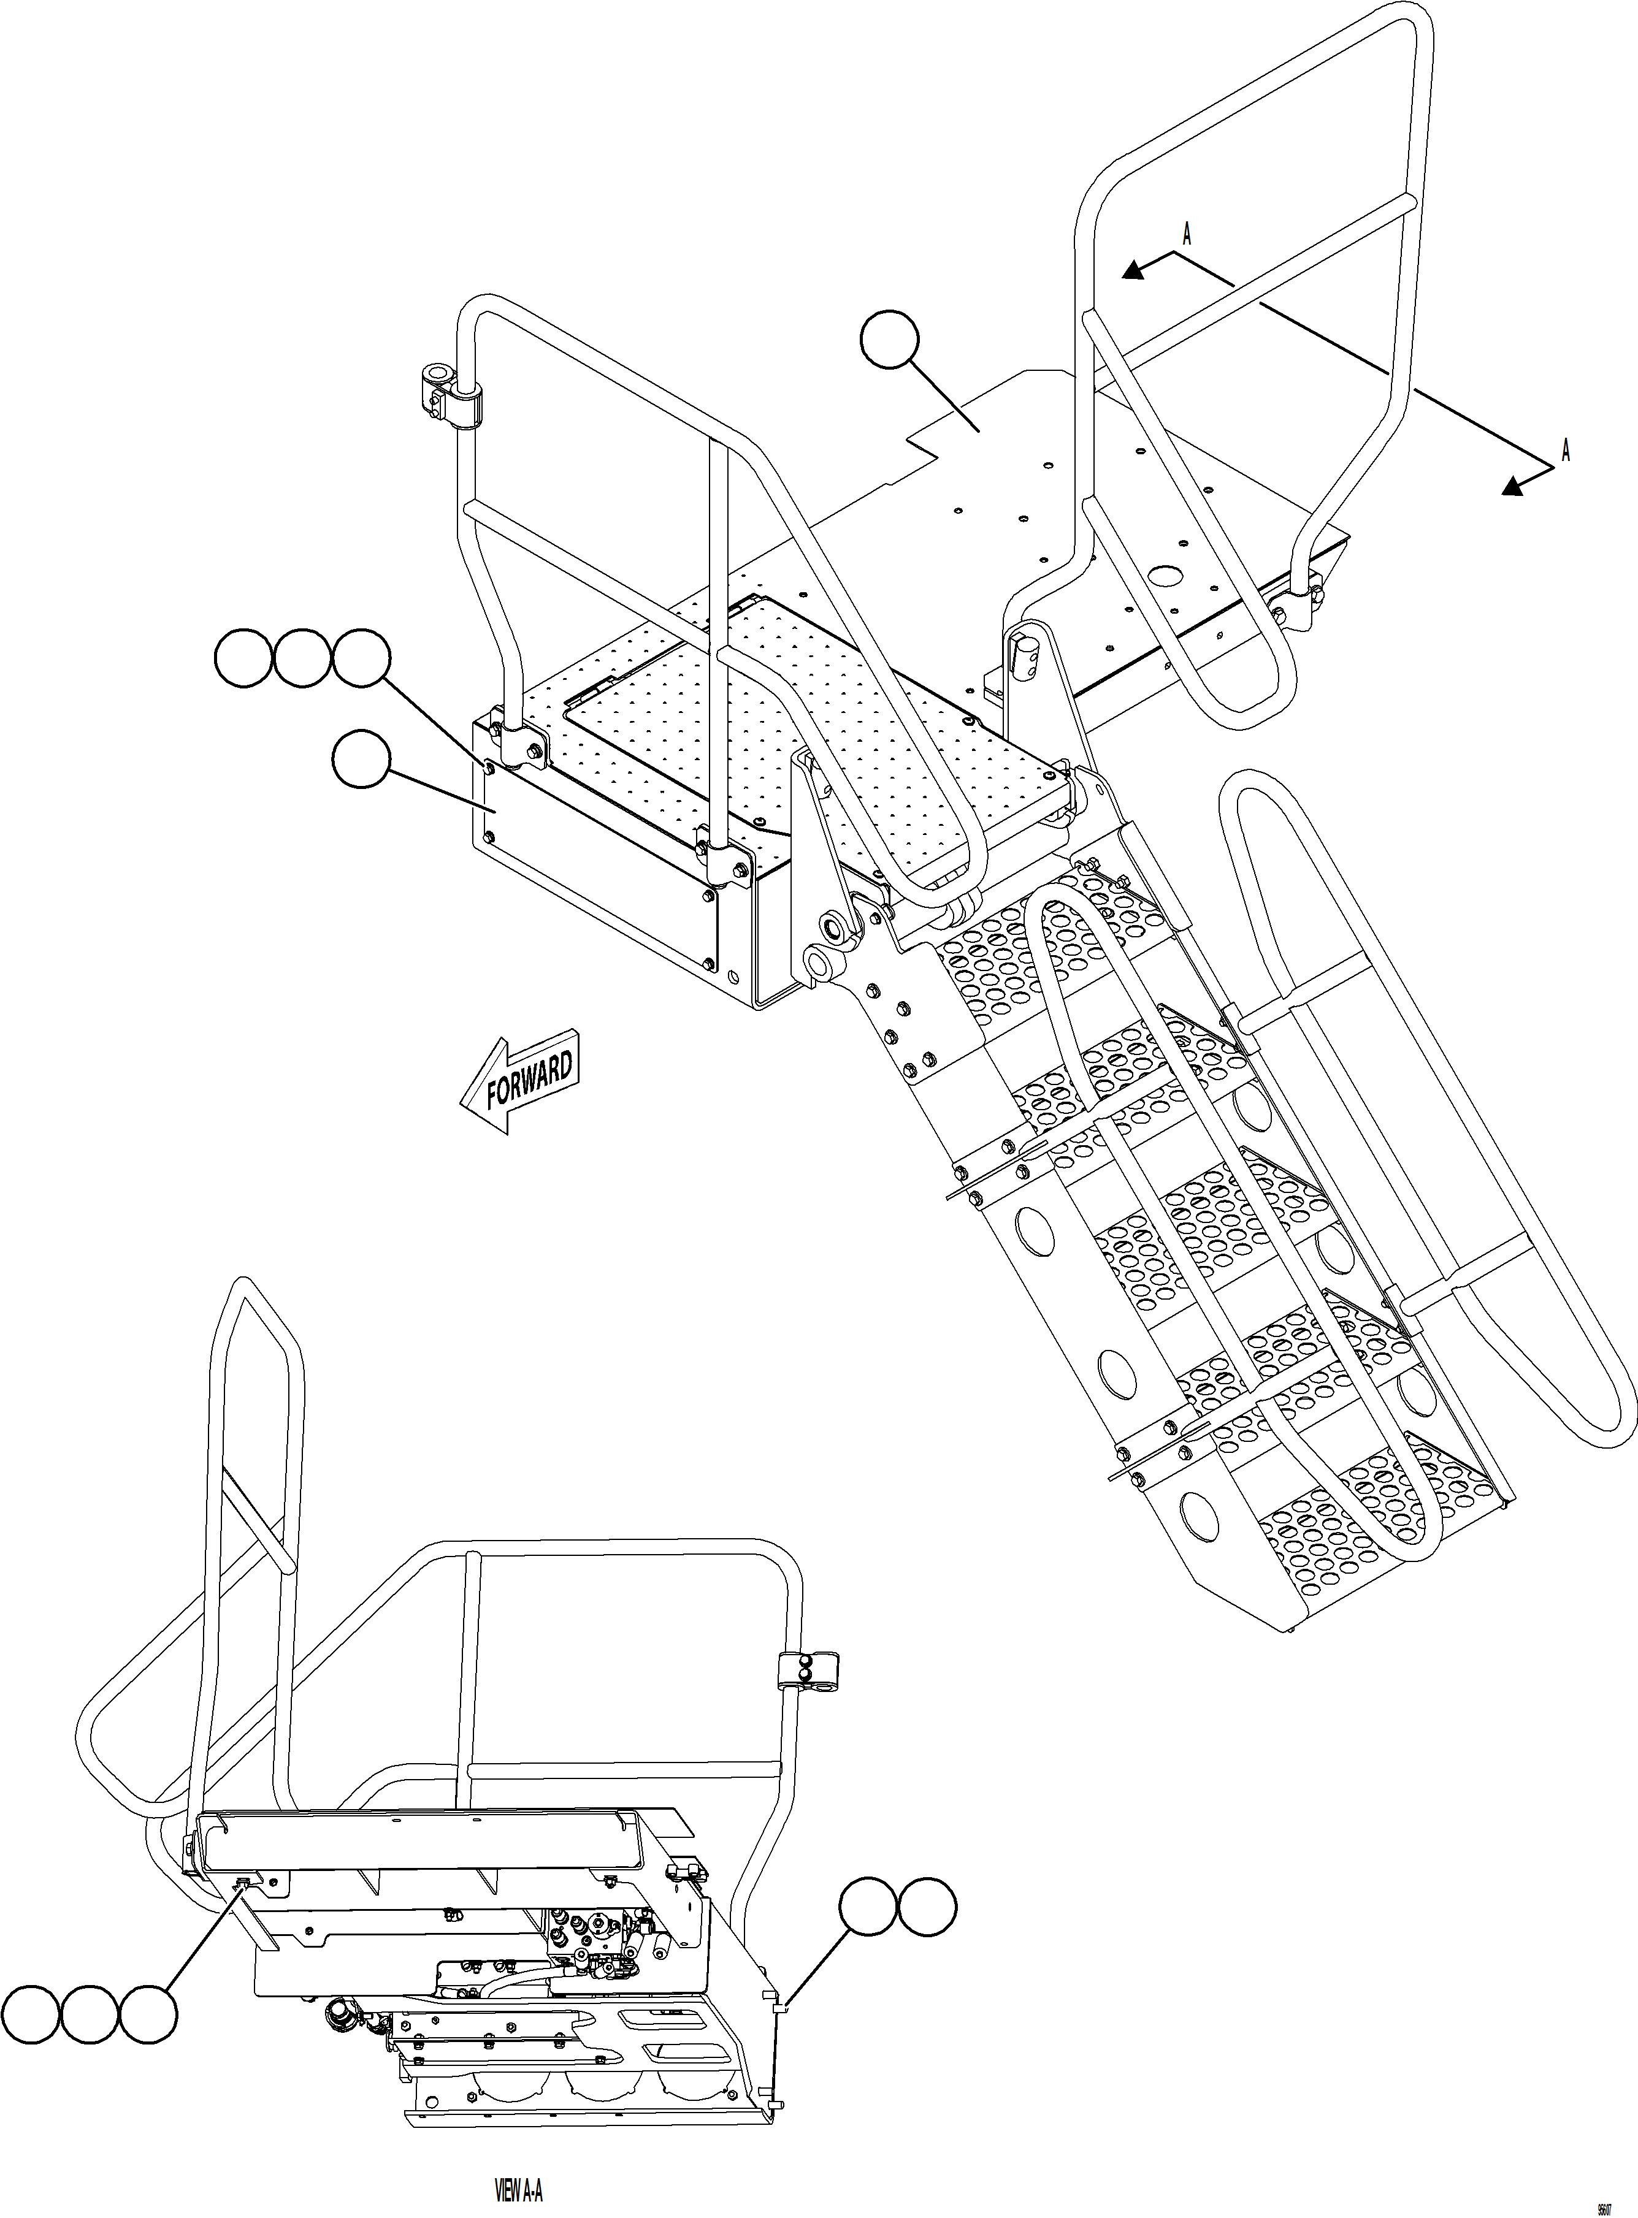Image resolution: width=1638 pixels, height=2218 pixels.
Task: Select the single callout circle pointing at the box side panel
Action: tap(361, 759)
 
